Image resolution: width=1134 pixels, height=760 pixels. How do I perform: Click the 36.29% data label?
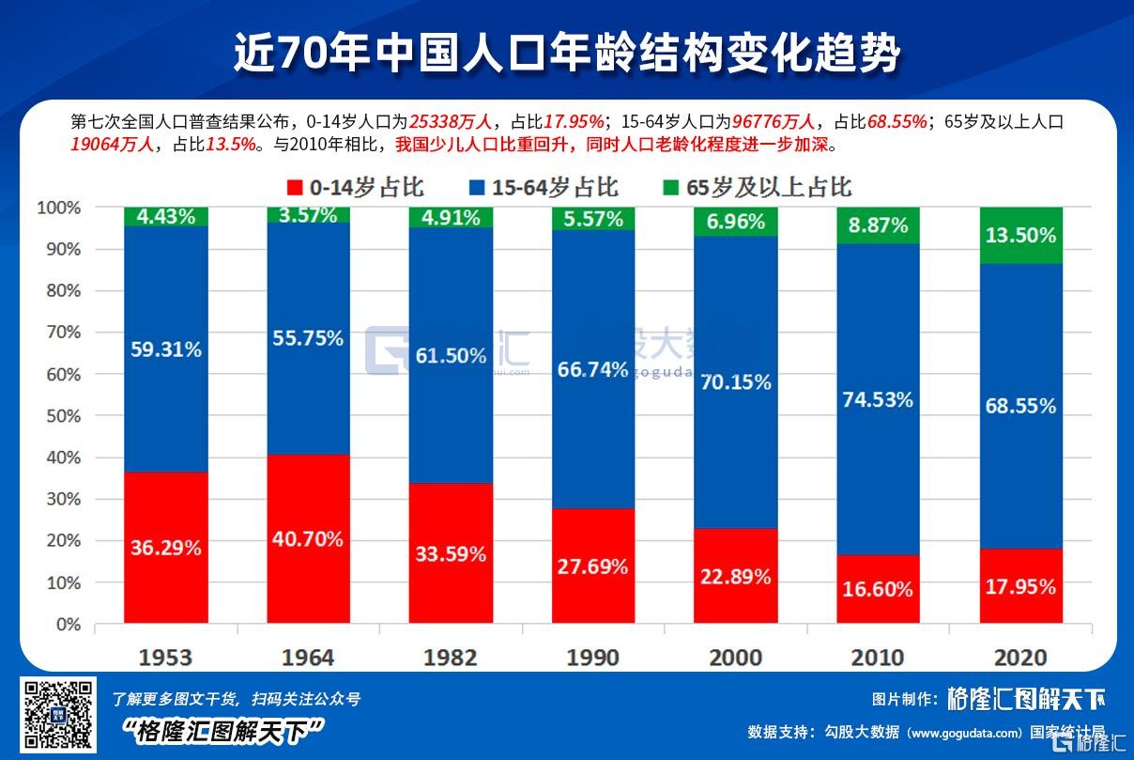(x=165, y=548)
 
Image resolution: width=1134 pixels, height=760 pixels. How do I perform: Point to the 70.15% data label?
(x=736, y=382)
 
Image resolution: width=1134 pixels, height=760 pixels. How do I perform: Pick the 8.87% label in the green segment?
(x=879, y=225)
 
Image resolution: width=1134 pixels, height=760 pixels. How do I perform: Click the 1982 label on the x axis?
(x=451, y=657)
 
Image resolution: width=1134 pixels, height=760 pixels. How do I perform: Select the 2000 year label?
(x=736, y=657)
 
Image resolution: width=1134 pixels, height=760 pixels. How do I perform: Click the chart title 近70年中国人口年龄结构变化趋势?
(x=566, y=54)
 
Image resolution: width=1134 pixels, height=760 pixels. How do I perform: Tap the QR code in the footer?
(x=58, y=715)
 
